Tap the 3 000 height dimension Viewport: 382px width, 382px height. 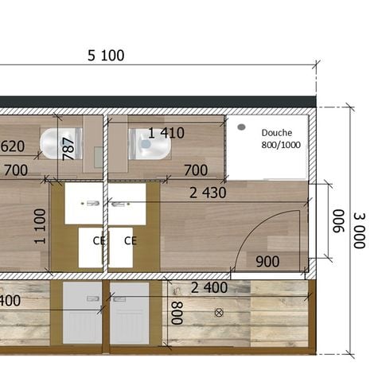359,230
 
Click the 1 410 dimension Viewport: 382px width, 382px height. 166,133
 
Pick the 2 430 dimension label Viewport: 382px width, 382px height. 208,193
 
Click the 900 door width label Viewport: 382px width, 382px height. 267,260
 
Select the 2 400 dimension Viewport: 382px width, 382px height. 209,287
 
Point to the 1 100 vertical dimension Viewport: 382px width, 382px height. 41,225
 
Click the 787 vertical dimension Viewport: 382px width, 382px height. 68,147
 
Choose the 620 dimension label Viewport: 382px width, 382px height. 11,146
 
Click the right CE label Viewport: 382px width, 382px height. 131,240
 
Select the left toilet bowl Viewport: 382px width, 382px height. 56,144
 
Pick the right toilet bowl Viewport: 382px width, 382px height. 148,145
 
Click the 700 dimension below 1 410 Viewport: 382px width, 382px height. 195,170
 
